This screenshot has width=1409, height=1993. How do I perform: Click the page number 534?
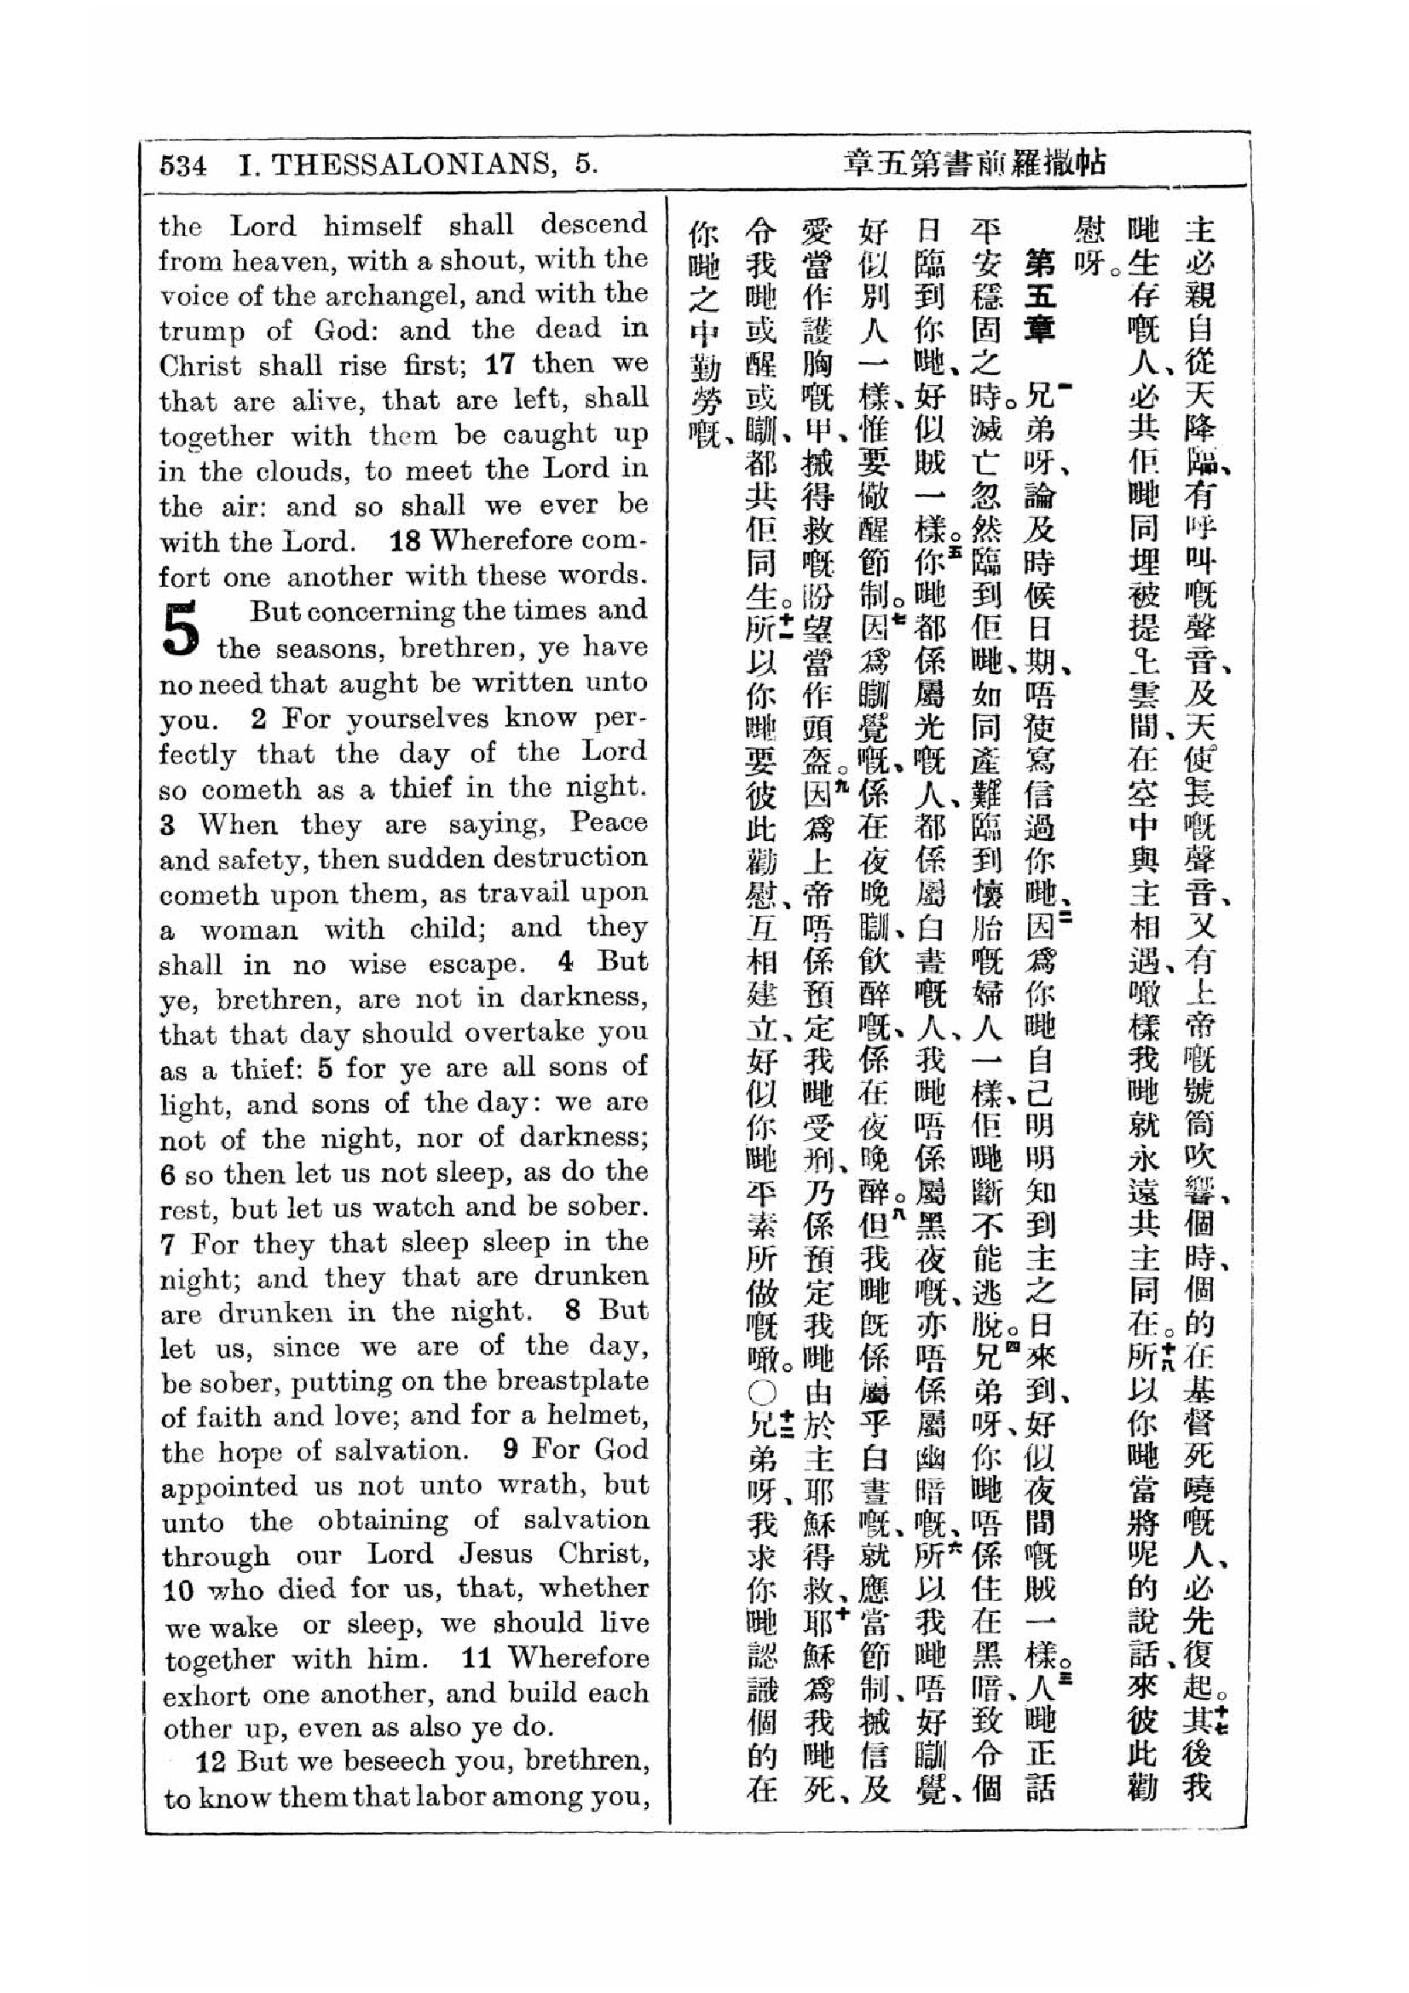[182, 166]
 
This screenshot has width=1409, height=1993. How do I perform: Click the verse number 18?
[406, 541]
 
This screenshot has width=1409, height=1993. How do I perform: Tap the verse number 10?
[178, 1591]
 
